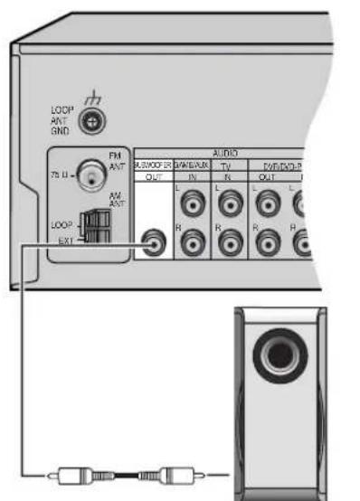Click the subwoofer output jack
point(155,241)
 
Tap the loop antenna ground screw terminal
point(89,121)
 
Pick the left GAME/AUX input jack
point(192,204)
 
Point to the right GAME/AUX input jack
point(192,242)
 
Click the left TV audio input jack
point(230,204)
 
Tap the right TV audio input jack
point(230,242)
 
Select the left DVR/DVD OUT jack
point(267,204)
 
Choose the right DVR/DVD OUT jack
point(267,242)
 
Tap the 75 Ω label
point(57,172)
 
